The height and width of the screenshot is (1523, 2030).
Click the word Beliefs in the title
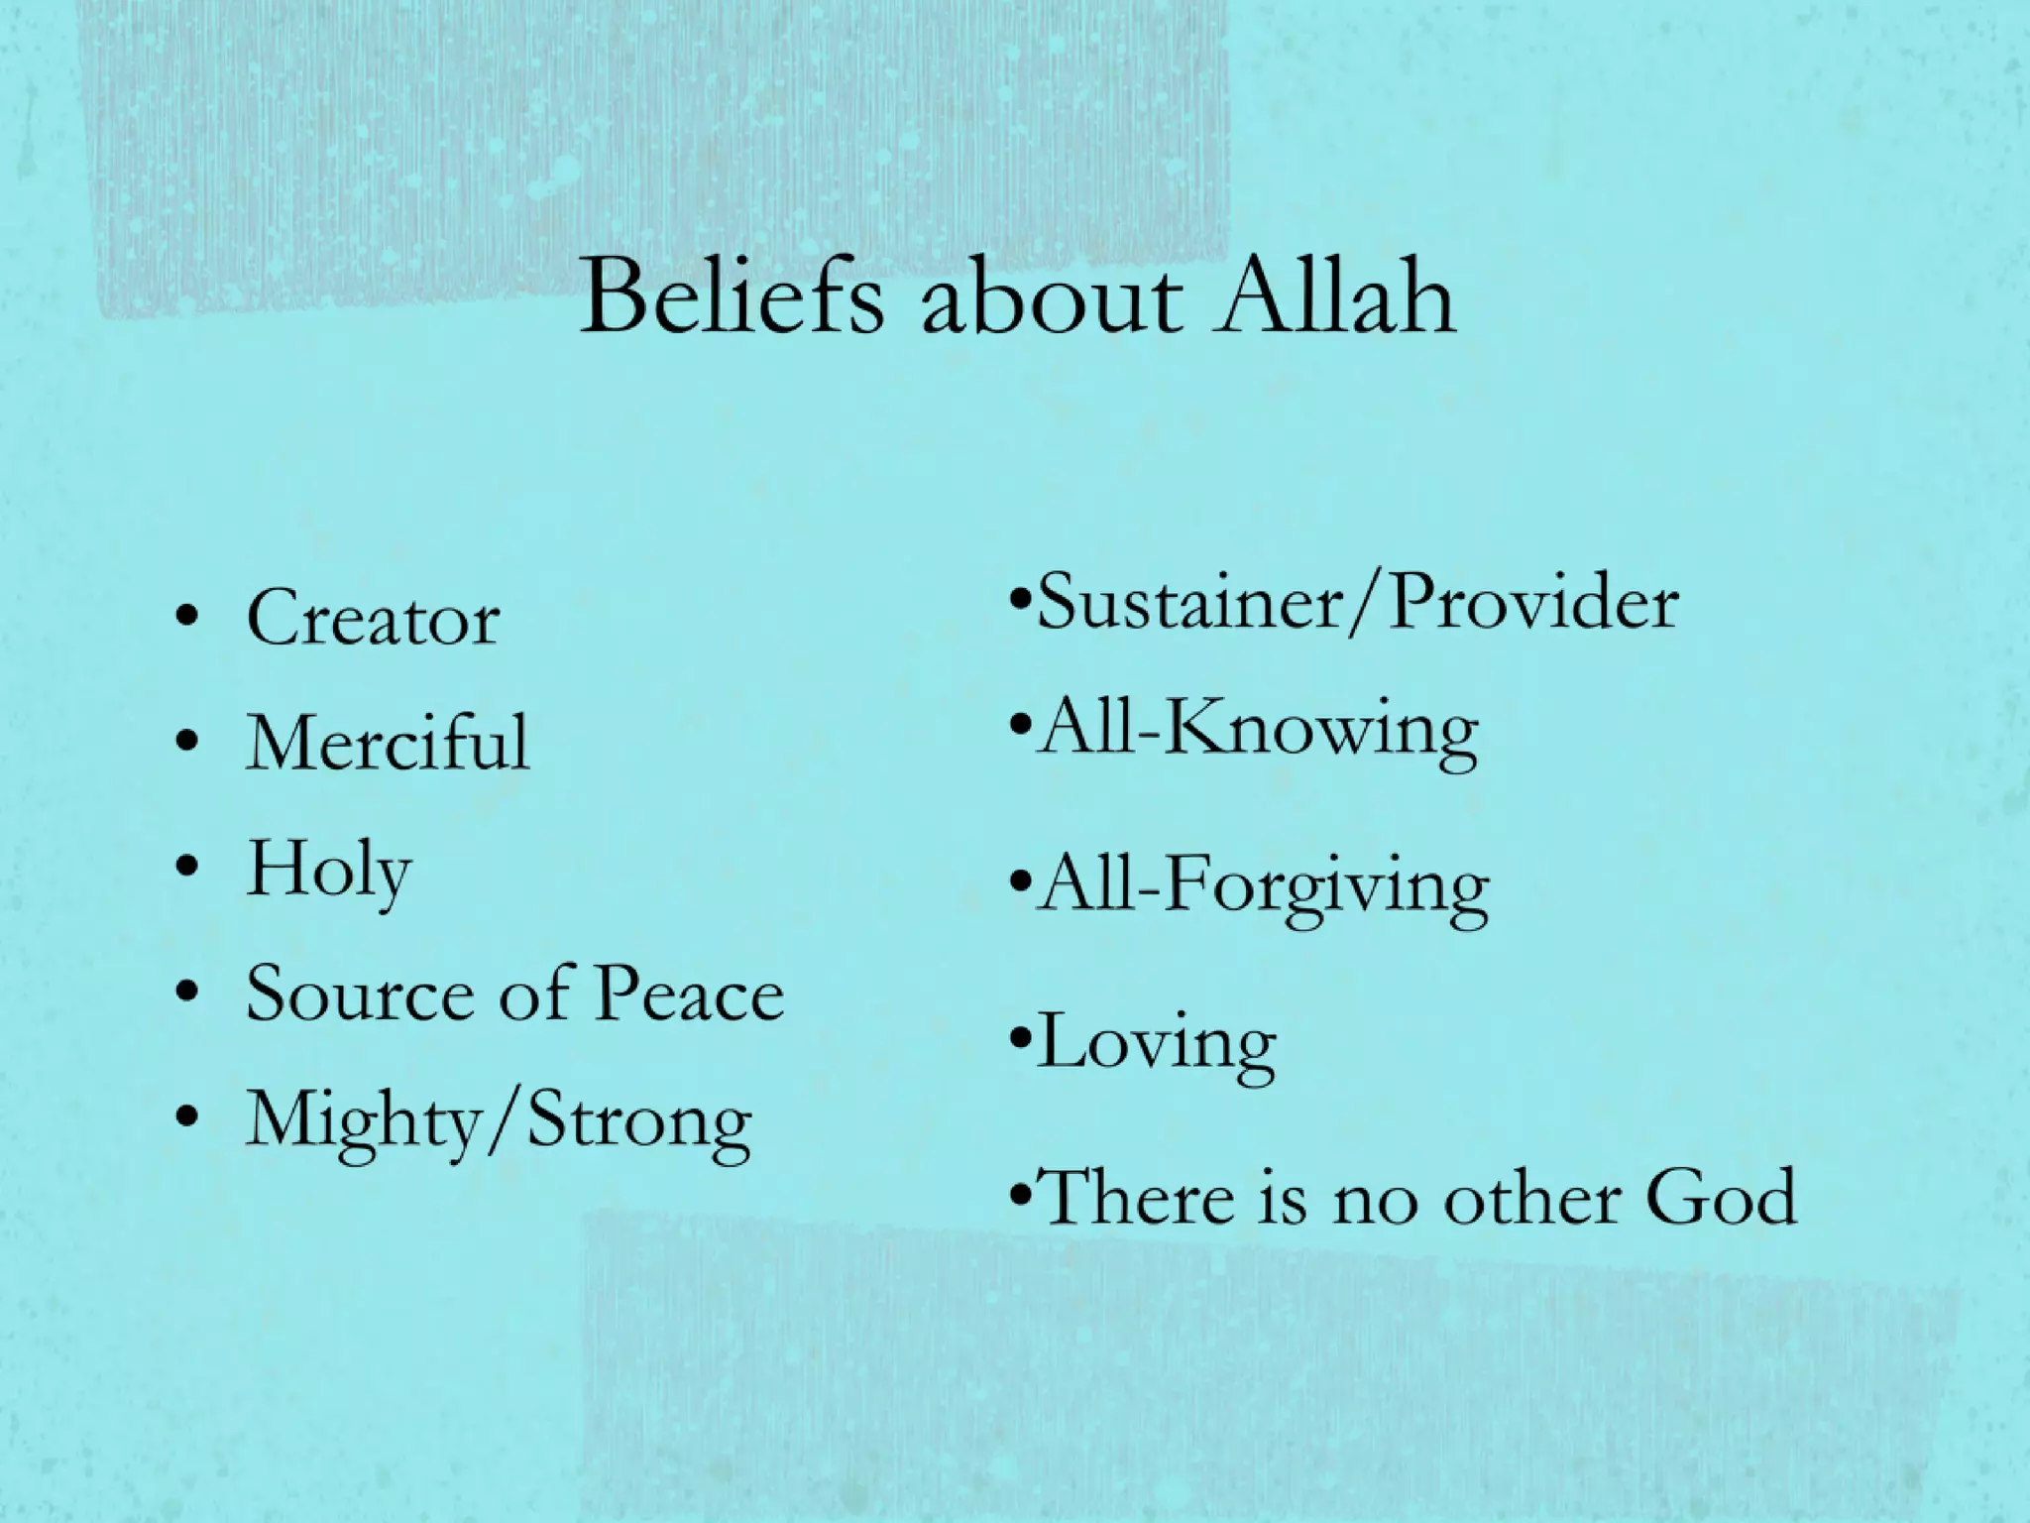pos(731,296)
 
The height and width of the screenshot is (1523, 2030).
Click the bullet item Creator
pos(373,618)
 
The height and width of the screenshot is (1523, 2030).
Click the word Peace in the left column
pos(690,995)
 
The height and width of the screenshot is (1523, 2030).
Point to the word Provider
pos(1533,602)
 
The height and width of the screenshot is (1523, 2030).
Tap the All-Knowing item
pos(1257,730)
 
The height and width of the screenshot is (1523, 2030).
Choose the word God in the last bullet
pos(1721,1197)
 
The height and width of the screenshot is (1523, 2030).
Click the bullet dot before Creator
pos(184,620)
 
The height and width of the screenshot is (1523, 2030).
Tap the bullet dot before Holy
pos(184,870)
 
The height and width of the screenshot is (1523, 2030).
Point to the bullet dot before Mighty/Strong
pos(184,1120)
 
